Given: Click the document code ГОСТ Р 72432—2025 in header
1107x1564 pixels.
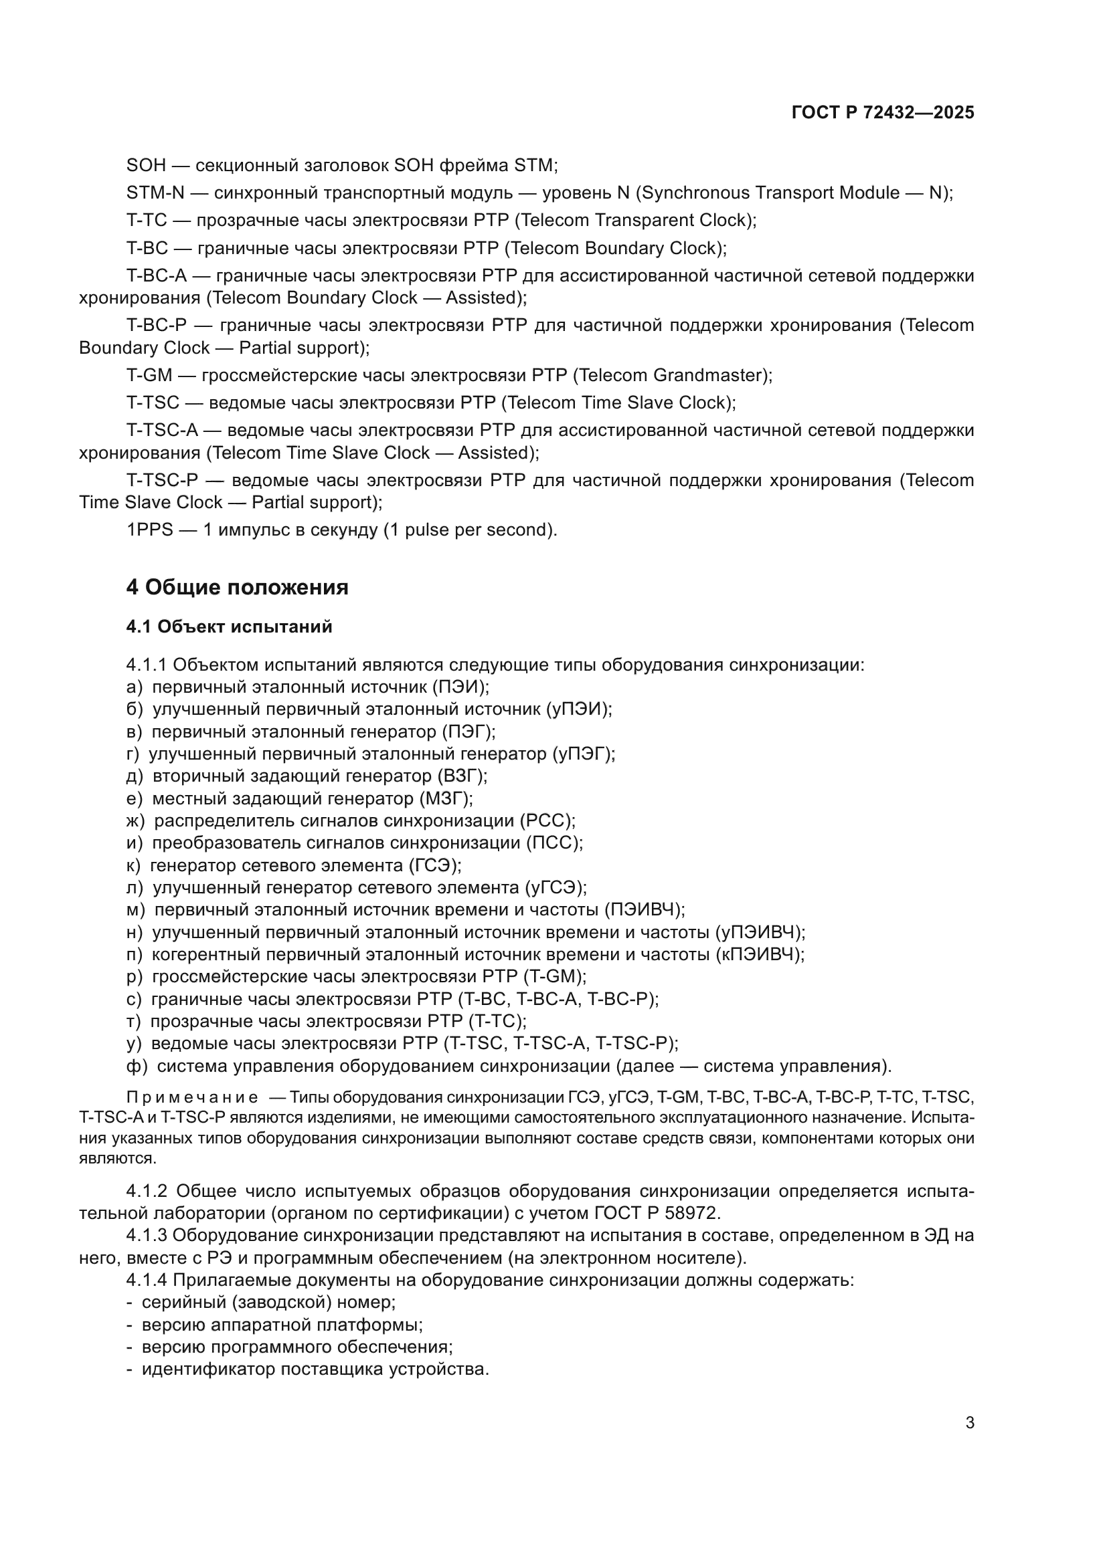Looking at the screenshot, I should coord(883,113).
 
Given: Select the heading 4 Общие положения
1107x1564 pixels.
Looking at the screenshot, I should coord(236,586).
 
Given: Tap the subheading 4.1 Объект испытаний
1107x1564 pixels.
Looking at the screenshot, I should coord(229,627).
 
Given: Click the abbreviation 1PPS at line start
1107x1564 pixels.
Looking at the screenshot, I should coord(150,530).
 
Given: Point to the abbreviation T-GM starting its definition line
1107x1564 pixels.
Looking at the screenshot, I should coord(149,375).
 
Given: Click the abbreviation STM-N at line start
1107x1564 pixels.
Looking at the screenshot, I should coord(155,193).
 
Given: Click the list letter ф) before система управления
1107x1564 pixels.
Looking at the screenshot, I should coord(137,1065).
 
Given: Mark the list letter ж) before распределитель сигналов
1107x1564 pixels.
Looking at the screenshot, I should coord(136,820).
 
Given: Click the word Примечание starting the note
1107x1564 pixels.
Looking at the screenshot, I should coord(192,1097).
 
